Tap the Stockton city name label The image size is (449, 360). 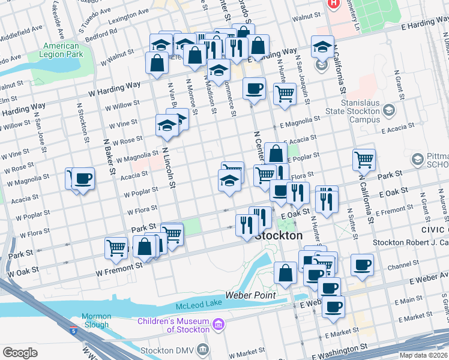point(279,236)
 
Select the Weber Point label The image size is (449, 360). point(250,295)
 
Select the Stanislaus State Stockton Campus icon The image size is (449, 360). point(390,110)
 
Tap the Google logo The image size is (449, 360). point(20,353)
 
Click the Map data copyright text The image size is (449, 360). point(423,355)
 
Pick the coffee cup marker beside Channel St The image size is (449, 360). point(361,265)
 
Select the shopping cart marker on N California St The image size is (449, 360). point(364,160)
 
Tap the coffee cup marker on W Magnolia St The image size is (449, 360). point(83,178)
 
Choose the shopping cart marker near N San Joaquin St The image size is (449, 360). point(285,93)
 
